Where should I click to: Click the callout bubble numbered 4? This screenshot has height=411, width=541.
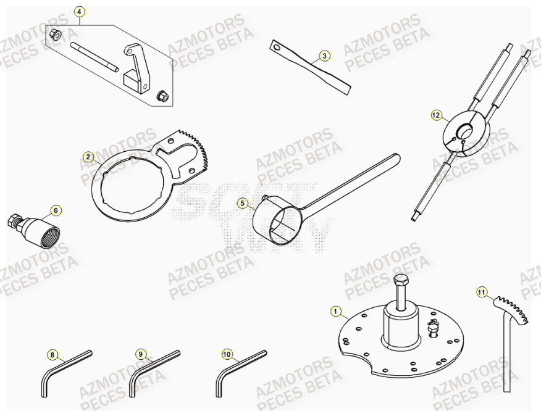[78, 12]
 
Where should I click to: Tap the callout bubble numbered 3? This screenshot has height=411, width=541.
[324, 56]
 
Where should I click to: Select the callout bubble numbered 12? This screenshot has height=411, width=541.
[437, 115]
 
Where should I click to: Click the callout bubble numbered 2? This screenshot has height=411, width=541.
[88, 157]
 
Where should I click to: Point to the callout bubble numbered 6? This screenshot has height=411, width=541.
[56, 210]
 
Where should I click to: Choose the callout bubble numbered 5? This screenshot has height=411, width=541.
[243, 202]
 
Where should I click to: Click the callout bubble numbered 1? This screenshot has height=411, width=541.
[335, 312]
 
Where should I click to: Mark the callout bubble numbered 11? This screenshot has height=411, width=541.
[482, 291]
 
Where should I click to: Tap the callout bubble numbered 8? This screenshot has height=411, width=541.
[52, 355]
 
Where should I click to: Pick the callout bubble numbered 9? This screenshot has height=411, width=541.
[141, 354]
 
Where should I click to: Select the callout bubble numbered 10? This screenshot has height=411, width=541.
[227, 354]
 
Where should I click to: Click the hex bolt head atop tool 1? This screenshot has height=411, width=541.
[401, 283]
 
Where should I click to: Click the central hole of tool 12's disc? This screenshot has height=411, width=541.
[464, 131]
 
